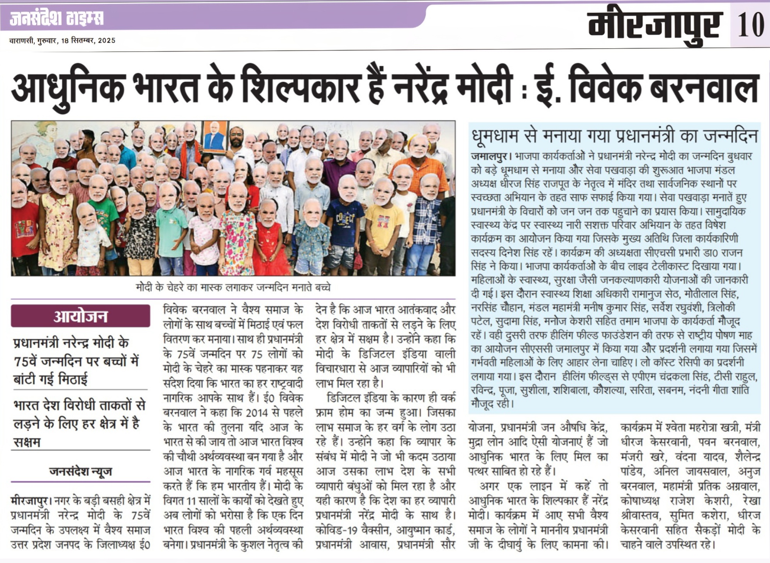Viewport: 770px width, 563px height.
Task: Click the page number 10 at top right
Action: pyautogui.click(x=751, y=24)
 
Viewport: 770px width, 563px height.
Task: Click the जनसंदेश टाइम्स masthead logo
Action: pyautogui.click(x=56, y=18)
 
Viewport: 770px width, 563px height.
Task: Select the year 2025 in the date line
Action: pyautogui.click(x=107, y=41)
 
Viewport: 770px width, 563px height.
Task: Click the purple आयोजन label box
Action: pyautogui.click(x=80, y=316)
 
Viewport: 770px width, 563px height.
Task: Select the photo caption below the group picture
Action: pyautogui.click(x=233, y=288)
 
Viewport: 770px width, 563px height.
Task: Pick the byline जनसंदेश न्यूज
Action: pyautogui.click(x=80, y=471)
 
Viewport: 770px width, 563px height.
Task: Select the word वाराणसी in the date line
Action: pyautogui.click(x=22, y=41)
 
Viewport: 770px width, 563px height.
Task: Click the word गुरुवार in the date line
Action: pyautogui.click(x=47, y=41)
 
